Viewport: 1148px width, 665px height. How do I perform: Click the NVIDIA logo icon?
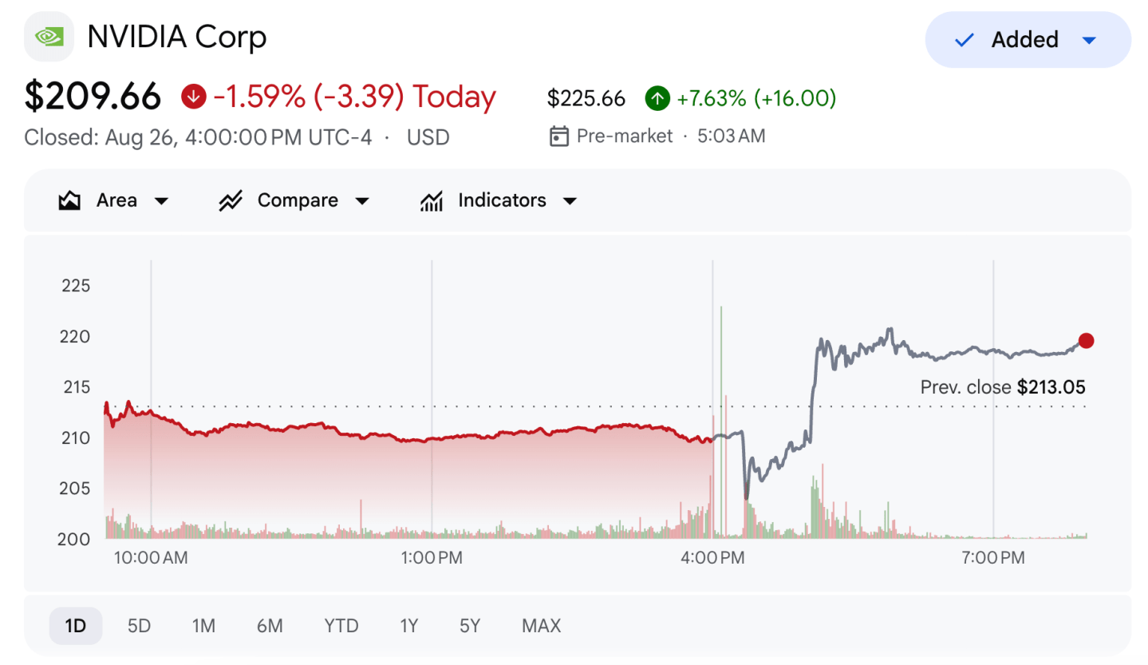(49, 37)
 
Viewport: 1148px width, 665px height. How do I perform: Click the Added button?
(1028, 39)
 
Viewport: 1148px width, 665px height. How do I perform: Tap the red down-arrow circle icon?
(193, 97)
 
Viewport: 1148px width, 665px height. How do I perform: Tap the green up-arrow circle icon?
(657, 98)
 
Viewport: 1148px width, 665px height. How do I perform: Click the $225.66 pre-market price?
(586, 98)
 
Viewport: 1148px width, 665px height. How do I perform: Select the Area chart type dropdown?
(113, 200)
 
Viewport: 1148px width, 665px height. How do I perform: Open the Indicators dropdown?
(499, 200)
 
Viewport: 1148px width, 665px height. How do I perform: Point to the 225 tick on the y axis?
(76, 286)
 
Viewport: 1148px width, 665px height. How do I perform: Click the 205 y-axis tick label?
(75, 489)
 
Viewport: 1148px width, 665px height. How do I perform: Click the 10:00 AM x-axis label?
(151, 558)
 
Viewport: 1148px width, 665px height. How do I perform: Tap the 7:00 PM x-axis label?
(993, 558)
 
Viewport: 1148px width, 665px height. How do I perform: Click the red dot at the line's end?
(1086, 340)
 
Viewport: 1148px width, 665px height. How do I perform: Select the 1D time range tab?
(75, 626)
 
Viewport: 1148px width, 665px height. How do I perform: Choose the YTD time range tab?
(341, 626)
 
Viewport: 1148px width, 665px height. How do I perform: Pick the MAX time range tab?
(541, 626)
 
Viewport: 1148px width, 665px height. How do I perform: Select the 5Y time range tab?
(470, 626)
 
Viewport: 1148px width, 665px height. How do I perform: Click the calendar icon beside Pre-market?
(558, 137)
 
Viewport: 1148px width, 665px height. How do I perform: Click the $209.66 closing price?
(93, 97)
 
